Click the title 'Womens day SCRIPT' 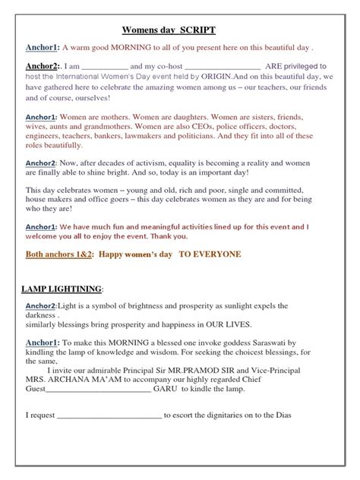coord(169,30)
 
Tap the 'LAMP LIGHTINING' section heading coord(59,289)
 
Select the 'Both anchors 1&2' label coord(58,254)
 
